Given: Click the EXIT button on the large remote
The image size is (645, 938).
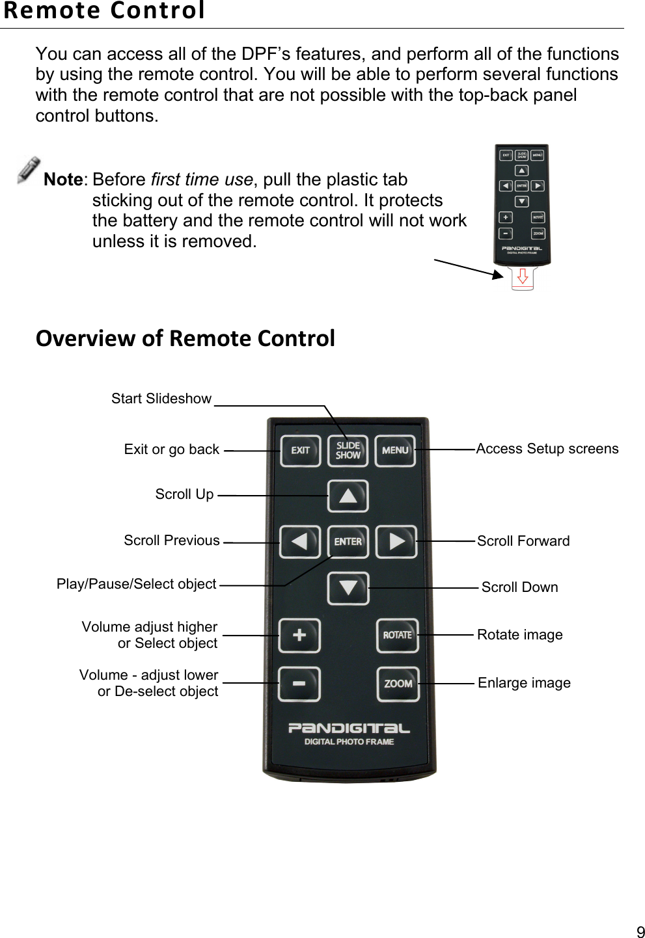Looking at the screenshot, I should [x=300, y=451].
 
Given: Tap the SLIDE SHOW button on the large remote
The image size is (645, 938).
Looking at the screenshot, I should [x=348, y=451].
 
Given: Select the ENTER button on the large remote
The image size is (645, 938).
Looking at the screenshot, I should [x=348, y=542].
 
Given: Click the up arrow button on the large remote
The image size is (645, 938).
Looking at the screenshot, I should [x=348, y=496].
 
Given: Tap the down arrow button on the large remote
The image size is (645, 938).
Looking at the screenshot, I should [x=348, y=588].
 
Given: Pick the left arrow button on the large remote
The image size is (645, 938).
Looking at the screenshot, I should [x=299, y=542].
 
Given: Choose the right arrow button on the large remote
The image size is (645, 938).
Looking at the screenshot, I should [x=396, y=542].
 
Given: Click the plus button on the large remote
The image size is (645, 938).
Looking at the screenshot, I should [x=299, y=636].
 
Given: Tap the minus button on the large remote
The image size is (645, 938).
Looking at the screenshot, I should [x=299, y=684].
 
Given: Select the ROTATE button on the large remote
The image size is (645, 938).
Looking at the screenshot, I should [x=397, y=636].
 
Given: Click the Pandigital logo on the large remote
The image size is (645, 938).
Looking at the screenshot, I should [x=349, y=729].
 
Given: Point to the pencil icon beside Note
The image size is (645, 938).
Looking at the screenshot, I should [x=29, y=170].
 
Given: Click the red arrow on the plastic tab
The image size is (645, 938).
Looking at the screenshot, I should [x=522, y=277].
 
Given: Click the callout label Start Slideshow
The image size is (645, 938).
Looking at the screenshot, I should [x=161, y=399].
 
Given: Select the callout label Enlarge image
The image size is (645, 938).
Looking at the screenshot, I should [x=524, y=683].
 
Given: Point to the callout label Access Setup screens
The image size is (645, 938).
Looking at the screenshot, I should [x=547, y=449].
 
